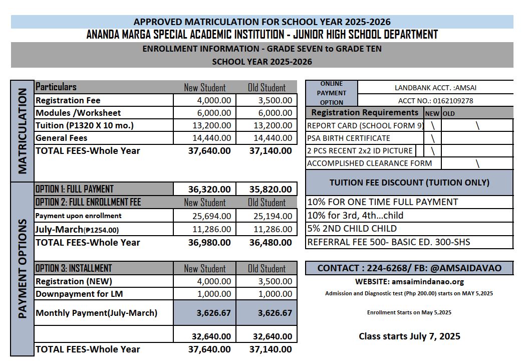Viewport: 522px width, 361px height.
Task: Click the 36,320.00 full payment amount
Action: [209, 190]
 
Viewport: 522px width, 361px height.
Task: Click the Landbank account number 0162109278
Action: [435, 100]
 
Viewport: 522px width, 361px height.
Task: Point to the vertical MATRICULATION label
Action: [22, 131]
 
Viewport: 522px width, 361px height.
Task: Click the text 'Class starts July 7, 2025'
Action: [409, 336]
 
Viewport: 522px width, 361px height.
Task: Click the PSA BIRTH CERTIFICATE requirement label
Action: [348, 138]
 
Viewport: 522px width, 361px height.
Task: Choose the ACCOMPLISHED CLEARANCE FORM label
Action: [369, 163]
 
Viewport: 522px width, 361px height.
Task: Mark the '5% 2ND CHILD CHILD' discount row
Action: [352, 229]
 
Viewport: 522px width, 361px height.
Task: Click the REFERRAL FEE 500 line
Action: [388, 242]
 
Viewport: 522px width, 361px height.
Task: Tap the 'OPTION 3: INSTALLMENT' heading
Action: [74, 268]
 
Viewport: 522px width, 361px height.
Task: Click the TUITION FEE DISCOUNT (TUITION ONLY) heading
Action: [409, 183]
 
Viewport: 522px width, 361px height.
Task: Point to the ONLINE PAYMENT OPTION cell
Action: [331, 93]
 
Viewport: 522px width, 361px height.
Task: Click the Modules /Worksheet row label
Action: [78, 113]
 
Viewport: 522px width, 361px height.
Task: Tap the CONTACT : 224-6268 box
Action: [409, 268]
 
